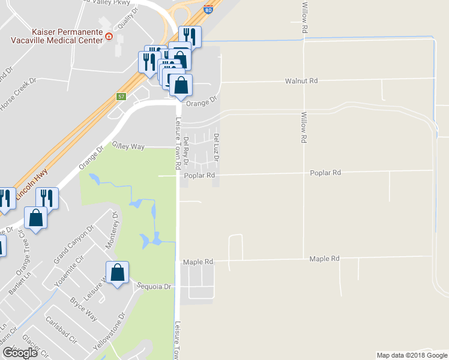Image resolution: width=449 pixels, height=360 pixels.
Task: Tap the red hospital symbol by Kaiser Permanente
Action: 109,36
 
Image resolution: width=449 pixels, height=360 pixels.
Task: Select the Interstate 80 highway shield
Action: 208,10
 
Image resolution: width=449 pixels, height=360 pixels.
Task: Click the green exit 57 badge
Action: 121,97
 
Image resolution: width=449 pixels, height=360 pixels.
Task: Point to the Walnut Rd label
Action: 301,80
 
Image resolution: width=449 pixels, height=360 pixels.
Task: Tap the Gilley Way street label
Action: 128,146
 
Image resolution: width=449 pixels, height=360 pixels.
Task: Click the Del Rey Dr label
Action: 186,151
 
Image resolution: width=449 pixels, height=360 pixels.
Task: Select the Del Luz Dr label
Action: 216,147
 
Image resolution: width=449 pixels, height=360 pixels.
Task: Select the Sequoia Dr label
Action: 154,286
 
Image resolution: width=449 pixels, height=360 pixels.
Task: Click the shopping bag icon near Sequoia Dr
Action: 118,273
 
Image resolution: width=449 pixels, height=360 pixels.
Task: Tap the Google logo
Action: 20,353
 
